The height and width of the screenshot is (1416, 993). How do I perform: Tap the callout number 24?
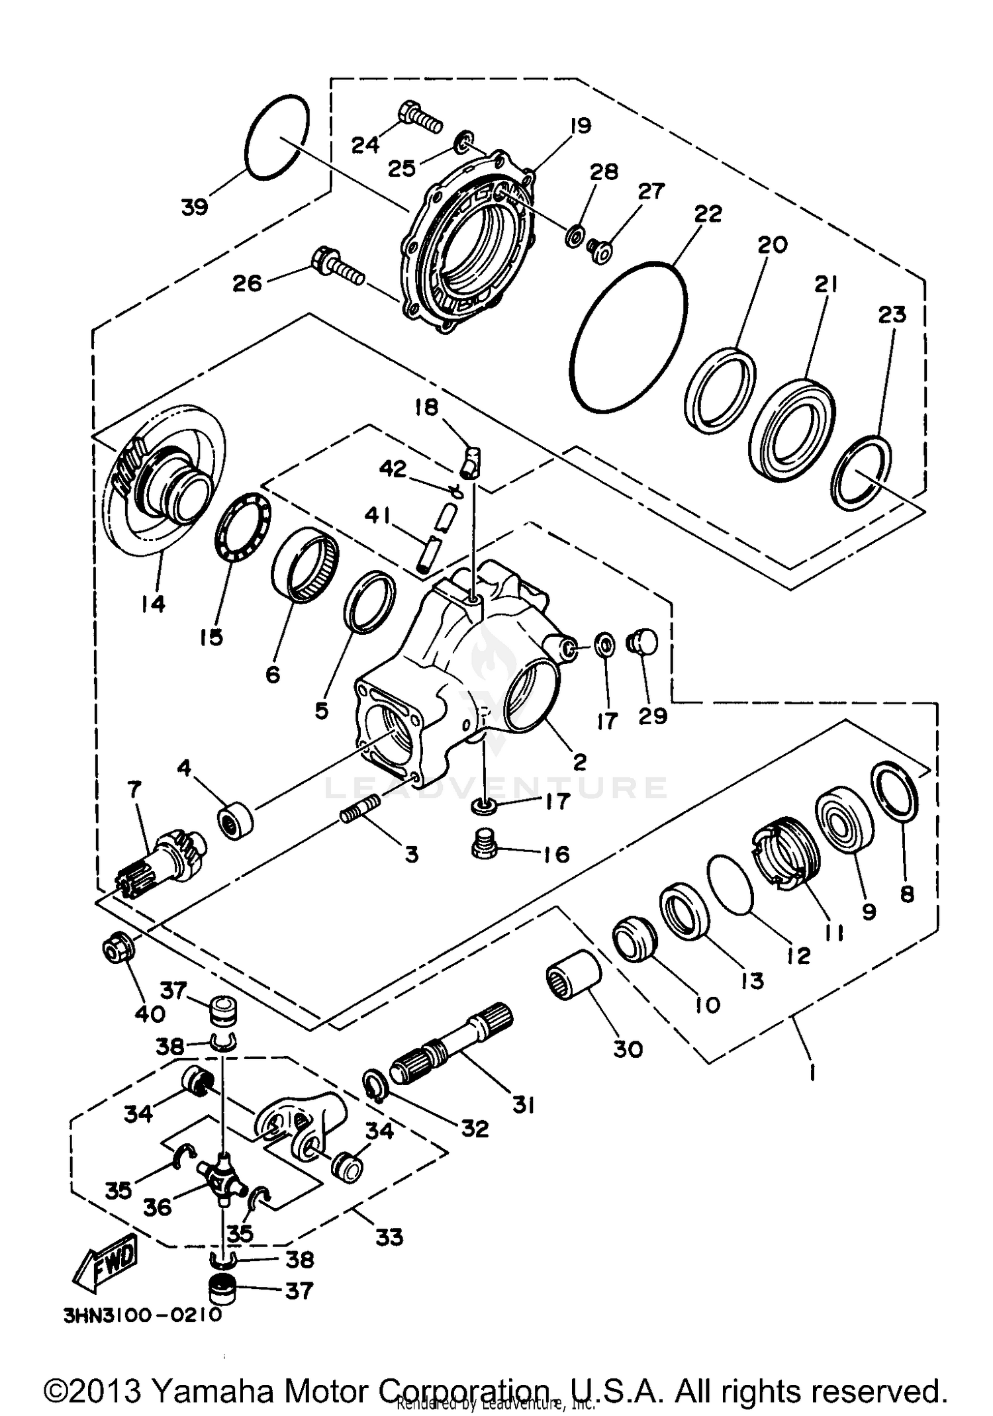[x=365, y=144]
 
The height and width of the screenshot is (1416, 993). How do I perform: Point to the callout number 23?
[x=891, y=314]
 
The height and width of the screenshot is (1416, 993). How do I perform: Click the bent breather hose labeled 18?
[x=472, y=459]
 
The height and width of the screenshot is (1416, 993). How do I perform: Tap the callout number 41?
[x=378, y=515]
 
